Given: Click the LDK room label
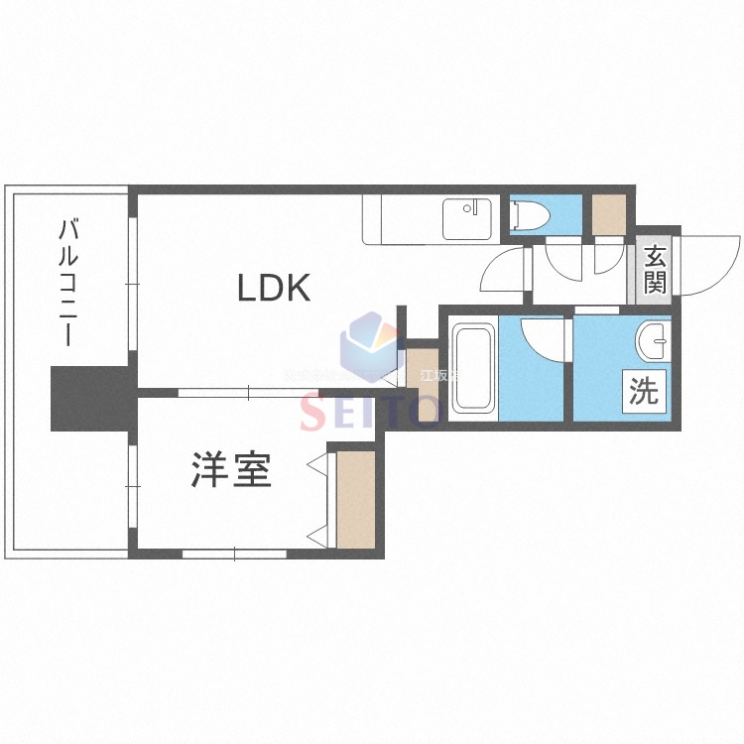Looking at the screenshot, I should [274, 288].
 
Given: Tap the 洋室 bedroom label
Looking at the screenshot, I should [231, 472].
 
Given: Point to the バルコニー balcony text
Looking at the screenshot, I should [68, 283].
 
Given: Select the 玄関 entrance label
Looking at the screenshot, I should [655, 269].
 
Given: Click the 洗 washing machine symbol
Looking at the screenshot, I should [644, 392].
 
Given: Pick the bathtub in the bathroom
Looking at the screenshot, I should [473, 368].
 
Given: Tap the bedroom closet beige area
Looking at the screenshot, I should [356, 499].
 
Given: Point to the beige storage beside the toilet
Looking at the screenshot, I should [608, 212].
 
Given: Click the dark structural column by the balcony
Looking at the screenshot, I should [90, 398].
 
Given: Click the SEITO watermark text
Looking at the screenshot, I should [369, 410].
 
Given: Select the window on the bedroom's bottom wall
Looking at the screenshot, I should [232, 554].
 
